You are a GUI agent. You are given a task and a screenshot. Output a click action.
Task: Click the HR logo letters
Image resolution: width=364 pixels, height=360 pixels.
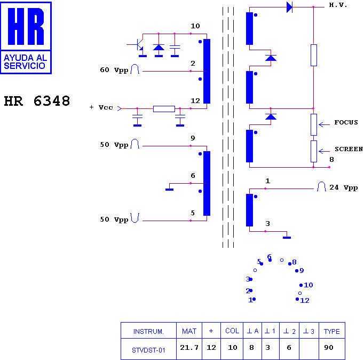tap(26, 26)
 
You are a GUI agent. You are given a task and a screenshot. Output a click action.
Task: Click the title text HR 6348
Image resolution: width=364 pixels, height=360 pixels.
tap(37, 101)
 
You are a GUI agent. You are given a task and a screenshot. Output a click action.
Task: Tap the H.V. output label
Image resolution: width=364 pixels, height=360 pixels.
tap(338, 5)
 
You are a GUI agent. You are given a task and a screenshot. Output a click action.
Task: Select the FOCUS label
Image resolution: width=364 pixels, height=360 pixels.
tap(346, 122)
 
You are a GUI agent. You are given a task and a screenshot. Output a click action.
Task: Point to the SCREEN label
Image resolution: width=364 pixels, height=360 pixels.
tap(349, 149)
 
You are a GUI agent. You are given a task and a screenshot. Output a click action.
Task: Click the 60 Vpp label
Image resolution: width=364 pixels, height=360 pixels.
tap(114, 70)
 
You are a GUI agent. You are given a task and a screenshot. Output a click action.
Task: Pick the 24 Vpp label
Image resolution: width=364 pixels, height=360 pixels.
tap(344, 187)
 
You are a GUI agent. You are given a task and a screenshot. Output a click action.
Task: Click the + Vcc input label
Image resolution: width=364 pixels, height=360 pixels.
tap(101, 107)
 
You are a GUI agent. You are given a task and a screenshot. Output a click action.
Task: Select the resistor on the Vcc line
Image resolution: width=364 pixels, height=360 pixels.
tap(164, 109)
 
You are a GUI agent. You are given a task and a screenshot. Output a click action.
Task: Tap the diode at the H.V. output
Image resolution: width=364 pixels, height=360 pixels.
tap(289, 7)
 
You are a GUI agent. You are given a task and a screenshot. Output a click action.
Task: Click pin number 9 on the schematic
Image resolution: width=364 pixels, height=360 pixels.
tap(193, 138)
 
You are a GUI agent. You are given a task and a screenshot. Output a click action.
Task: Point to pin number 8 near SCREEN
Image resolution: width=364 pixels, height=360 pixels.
tap(331, 160)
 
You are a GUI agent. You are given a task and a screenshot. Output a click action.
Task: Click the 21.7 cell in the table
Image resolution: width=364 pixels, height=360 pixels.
tap(189, 348)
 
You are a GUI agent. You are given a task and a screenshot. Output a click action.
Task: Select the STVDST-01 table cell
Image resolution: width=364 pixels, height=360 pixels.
tap(148, 350)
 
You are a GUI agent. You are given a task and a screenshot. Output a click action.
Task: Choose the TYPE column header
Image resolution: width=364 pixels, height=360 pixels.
tap(332, 332)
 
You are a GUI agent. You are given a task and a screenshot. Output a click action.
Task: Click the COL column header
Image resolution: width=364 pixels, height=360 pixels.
tap(232, 331)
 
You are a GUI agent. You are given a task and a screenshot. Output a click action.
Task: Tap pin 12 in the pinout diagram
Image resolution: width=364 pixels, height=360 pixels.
tap(305, 301)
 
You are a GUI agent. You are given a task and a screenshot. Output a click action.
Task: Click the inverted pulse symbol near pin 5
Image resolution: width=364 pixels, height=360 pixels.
tap(135, 218)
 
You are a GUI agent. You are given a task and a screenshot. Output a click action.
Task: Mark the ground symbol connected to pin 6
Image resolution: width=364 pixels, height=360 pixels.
tap(170, 190)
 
